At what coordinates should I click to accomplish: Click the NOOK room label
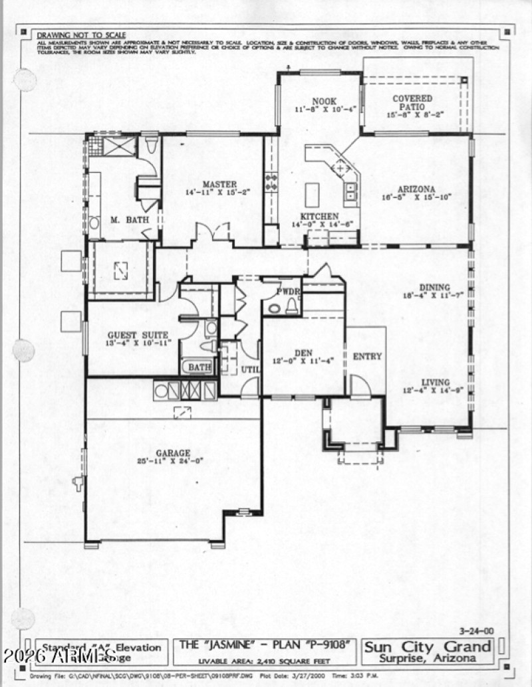(x=325, y=100)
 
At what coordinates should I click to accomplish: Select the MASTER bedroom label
(x=221, y=184)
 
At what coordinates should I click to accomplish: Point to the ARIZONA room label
(x=417, y=189)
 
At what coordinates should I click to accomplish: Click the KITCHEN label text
(x=319, y=217)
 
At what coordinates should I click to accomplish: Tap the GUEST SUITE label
(x=138, y=335)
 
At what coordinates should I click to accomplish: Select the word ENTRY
(x=367, y=357)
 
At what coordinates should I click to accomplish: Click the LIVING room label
(x=436, y=383)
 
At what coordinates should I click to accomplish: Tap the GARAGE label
(x=174, y=452)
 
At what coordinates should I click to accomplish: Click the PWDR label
(x=289, y=291)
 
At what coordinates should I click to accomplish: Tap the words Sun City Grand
(x=428, y=647)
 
